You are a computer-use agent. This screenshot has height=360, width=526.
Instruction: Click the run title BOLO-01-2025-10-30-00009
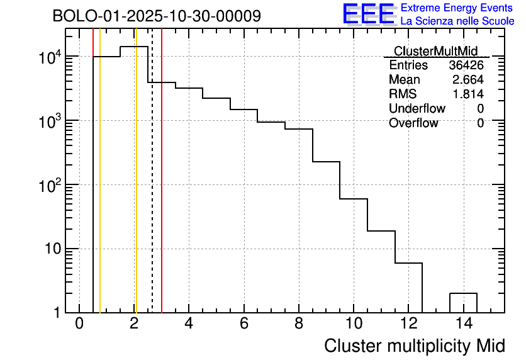[157, 16]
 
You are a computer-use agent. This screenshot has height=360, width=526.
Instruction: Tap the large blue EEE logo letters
[369, 14]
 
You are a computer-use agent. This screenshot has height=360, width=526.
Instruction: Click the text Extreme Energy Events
[457, 8]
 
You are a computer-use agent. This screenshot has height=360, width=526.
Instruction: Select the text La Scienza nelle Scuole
[457, 21]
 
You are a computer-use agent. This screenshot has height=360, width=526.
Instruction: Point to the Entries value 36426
[466, 65]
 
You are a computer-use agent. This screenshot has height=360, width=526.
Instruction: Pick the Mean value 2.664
[468, 80]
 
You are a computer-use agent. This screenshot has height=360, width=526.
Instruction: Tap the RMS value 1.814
[468, 94]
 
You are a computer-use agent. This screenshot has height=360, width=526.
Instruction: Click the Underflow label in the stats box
[417, 109]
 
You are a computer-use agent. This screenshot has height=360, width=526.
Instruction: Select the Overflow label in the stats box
[413, 123]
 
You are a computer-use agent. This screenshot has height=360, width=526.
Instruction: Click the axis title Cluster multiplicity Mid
[414, 346]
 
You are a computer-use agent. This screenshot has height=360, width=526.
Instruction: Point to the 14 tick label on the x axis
[463, 324]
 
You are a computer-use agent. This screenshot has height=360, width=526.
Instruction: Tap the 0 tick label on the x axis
[79, 324]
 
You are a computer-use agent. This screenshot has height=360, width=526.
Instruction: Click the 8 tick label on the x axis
[299, 324]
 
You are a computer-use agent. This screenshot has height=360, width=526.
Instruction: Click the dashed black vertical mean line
[152, 189]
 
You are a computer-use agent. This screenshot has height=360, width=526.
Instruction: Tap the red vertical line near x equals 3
[162, 189]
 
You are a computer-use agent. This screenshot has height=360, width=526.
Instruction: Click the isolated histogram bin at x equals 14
[463, 302]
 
